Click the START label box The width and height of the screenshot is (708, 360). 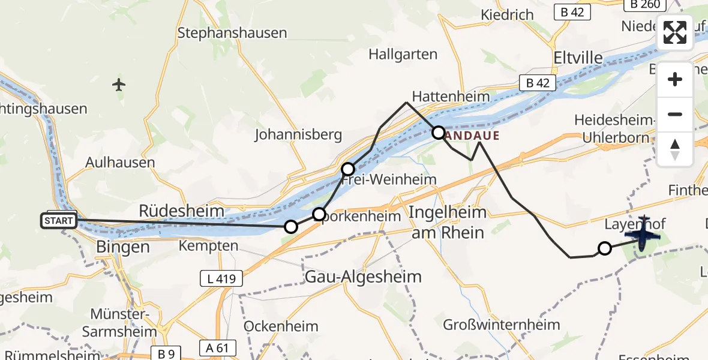tap(59, 221)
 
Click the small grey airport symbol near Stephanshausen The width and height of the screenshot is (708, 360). tap(119, 85)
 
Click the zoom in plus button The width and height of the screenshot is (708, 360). tap(675, 80)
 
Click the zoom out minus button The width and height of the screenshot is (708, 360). tap(675, 114)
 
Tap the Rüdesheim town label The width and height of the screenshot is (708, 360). tap(182, 211)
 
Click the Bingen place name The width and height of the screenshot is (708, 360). tap(122, 247)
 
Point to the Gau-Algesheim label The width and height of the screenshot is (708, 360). tap(364, 277)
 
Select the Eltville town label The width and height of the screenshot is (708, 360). tap(578, 58)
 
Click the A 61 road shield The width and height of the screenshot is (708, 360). tap(218, 348)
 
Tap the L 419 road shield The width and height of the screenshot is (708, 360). tap(221, 278)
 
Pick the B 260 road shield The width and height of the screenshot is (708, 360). tap(646, 4)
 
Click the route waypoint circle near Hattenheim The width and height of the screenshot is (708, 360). tap(439, 133)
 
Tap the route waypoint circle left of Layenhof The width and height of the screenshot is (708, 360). tap(605, 248)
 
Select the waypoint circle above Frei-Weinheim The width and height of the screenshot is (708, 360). tap(349, 169)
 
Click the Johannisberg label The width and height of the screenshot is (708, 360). tap(298, 134)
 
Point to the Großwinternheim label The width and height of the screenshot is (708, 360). tap(502, 325)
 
